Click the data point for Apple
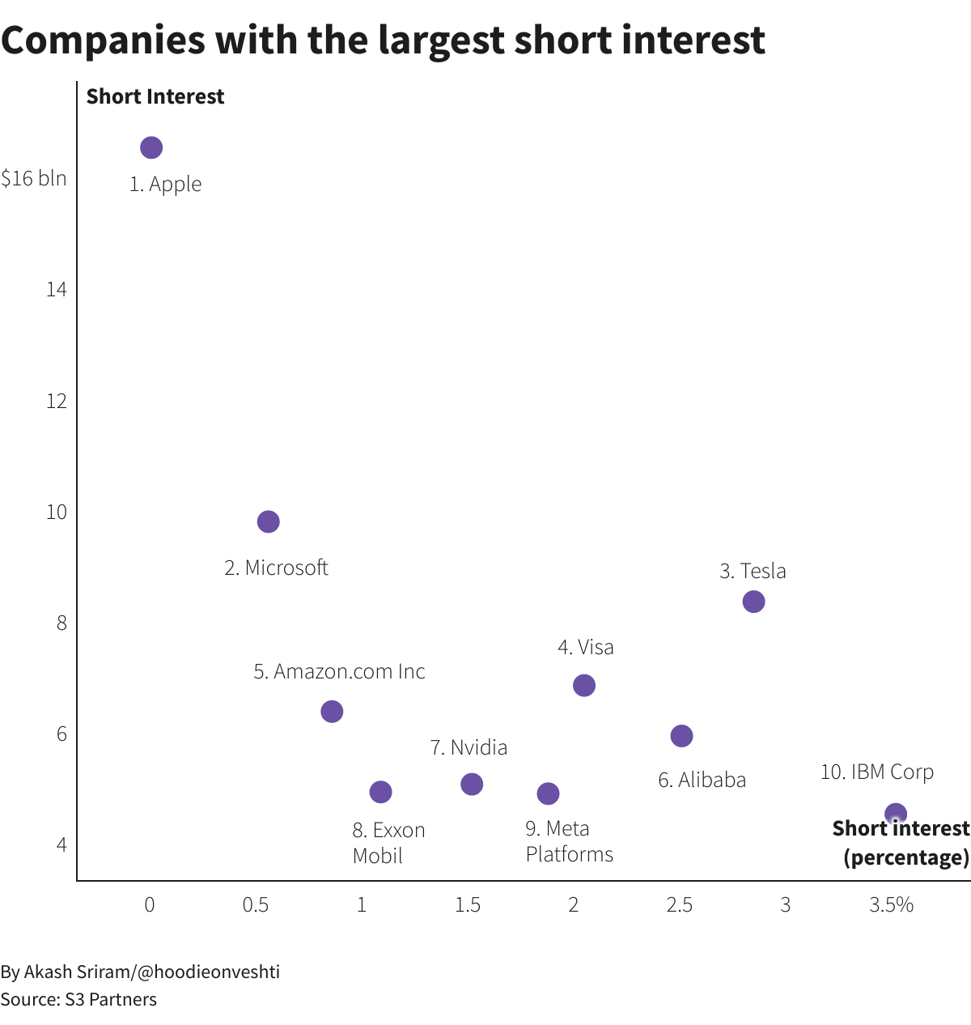click(151, 147)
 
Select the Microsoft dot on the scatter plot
click(268, 521)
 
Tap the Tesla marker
click(753, 602)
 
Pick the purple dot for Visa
click(583, 685)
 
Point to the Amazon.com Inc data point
click(332, 711)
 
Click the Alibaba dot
click(681, 735)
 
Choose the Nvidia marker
click(472, 784)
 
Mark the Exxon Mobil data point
click(380, 792)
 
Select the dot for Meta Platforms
click(548, 793)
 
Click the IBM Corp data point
click(895, 813)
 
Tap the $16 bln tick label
click(34, 178)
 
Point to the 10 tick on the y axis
click(57, 512)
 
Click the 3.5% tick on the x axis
click(891, 905)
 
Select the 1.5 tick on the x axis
click(467, 905)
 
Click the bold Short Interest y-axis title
click(155, 96)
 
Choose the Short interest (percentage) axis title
click(901, 843)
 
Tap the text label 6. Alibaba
click(702, 780)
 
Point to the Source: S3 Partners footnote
click(78, 999)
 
